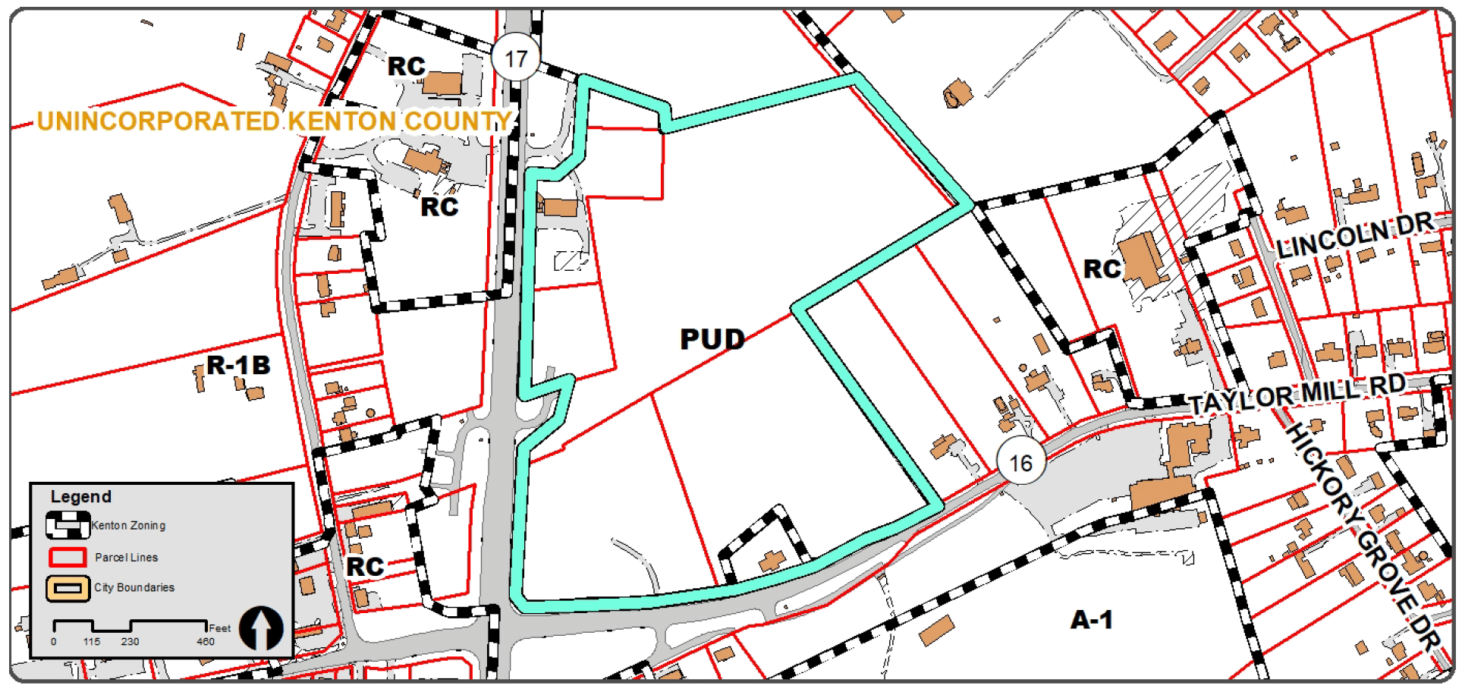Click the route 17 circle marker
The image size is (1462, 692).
pyautogui.click(x=516, y=58)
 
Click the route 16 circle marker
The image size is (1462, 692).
pyautogui.click(x=1020, y=462)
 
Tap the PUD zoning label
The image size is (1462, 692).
pyautogui.click(x=712, y=338)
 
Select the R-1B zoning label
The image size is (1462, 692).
pyautogui.click(x=238, y=365)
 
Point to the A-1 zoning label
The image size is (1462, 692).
pyautogui.click(x=1091, y=620)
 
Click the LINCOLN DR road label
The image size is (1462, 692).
pyautogui.click(x=1354, y=235)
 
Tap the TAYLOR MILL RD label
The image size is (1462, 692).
pyautogui.click(x=1297, y=395)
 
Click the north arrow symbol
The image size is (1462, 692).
pyautogui.click(x=261, y=628)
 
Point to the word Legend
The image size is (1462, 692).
pyautogui.click(x=80, y=497)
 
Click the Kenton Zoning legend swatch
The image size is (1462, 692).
pyautogui.click(x=68, y=525)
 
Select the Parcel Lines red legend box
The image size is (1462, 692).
pyautogui.click(x=68, y=558)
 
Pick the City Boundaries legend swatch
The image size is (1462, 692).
pyautogui.click(x=68, y=588)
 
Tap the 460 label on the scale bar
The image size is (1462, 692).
pyautogui.click(x=206, y=642)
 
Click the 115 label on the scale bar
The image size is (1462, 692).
pyautogui.click(x=92, y=642)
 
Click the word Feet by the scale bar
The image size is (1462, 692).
pyautogui.click(x=220, y=628)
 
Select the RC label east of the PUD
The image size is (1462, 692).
pyautogui.click(x=1102, y=269)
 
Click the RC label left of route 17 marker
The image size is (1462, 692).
pyautogui.click(x=407, y=67)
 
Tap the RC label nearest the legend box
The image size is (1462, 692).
pyautogui.click(x=365, y=566)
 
